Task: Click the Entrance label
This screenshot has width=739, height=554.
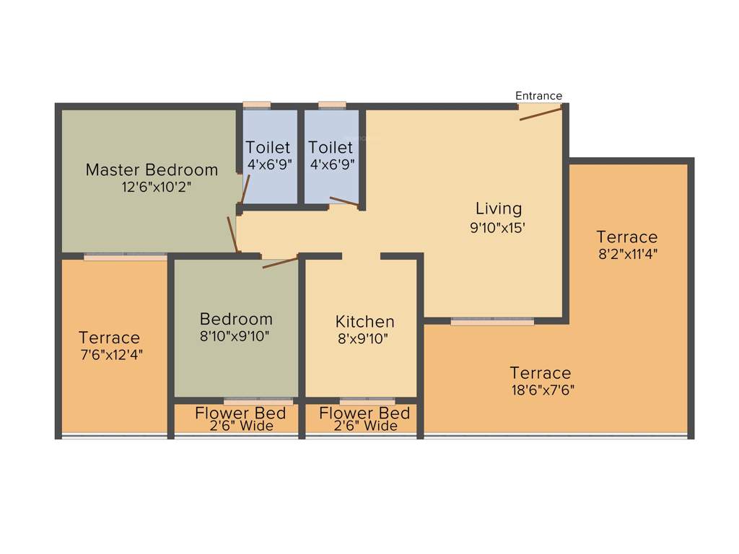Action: click(x=538, y=96)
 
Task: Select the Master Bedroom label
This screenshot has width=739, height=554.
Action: click(x=152, y=170)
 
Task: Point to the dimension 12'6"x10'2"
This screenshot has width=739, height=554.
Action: click(x=157, y=187)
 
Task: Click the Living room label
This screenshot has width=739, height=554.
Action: click(x=498, y=209)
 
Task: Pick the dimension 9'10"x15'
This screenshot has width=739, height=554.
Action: click(x=498, y=227)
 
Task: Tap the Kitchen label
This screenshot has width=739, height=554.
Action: click(x=364, y=322)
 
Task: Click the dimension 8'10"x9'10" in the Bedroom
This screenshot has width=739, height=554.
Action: click(x=236, y=335)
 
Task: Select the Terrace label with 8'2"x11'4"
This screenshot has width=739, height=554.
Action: click(x=626, y=237)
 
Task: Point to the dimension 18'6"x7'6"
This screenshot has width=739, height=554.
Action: click(x=541, y=390)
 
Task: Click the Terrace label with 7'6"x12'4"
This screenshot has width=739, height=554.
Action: click(x=110, y=338)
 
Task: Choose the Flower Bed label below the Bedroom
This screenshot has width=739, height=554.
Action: click(x=240, y=413)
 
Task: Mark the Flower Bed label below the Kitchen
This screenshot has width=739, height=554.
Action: click(x=364, y=413)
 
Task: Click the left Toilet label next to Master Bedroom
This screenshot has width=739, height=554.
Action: click(x=268, y=148)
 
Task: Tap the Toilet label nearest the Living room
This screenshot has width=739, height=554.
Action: click(x=331, y=148)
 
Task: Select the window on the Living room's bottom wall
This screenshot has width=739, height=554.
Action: click(x=492, y=321)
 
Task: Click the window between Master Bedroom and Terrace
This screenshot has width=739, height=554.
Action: click(x=126, y=256)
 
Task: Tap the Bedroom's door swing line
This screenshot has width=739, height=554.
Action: click(x=280, y=261)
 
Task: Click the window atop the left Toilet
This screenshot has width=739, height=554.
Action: click(x=256, y=105)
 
